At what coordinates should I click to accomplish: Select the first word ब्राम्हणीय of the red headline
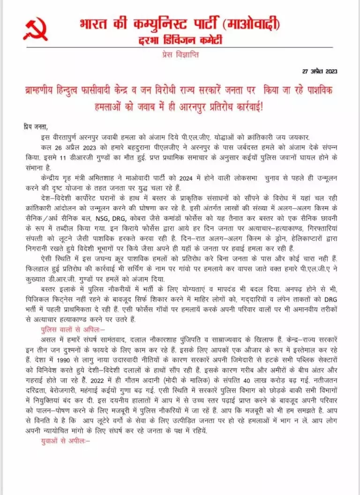point(48,89)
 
